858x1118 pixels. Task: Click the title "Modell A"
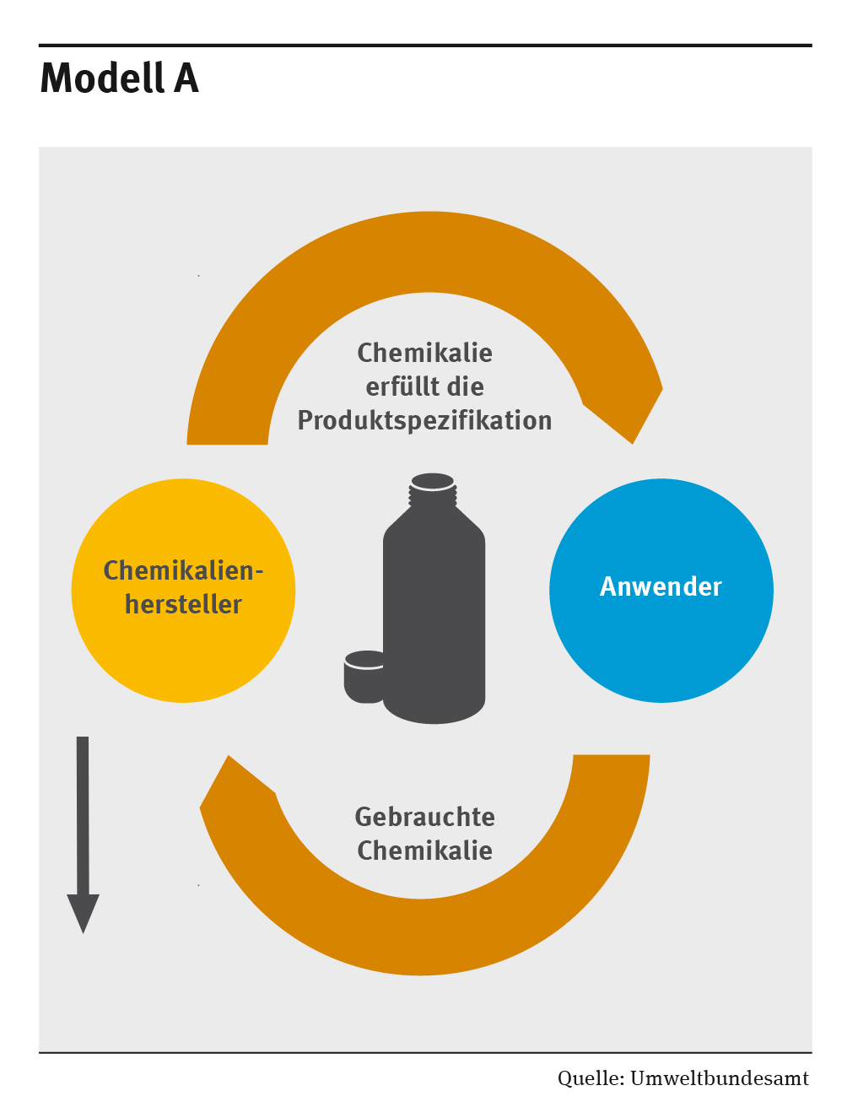pyautogui.click(x=119, y=78)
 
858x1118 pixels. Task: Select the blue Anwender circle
pyautogui.click(x=661, y=641)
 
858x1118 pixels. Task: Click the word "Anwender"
pyautogui.click(x=661, y=586)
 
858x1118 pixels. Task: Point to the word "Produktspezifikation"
pyautogui.click(x=424, y=420)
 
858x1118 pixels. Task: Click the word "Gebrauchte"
pyautogui.click(x=424, y=817)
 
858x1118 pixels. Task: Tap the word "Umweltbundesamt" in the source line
pyautogui.click(x=719, y=1078)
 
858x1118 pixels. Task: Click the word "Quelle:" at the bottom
pyautogui.click(x=591, y=1078)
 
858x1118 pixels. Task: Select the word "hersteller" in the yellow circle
pyautogui.click(x=183, y=604)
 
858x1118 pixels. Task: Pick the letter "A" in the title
pyautogui.click(x=186, y=78)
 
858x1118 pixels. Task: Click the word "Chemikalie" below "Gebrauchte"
pyautogui.click(x=424, y=851)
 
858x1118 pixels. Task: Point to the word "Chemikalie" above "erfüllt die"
pyautogui.click(x=424, y=353)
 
